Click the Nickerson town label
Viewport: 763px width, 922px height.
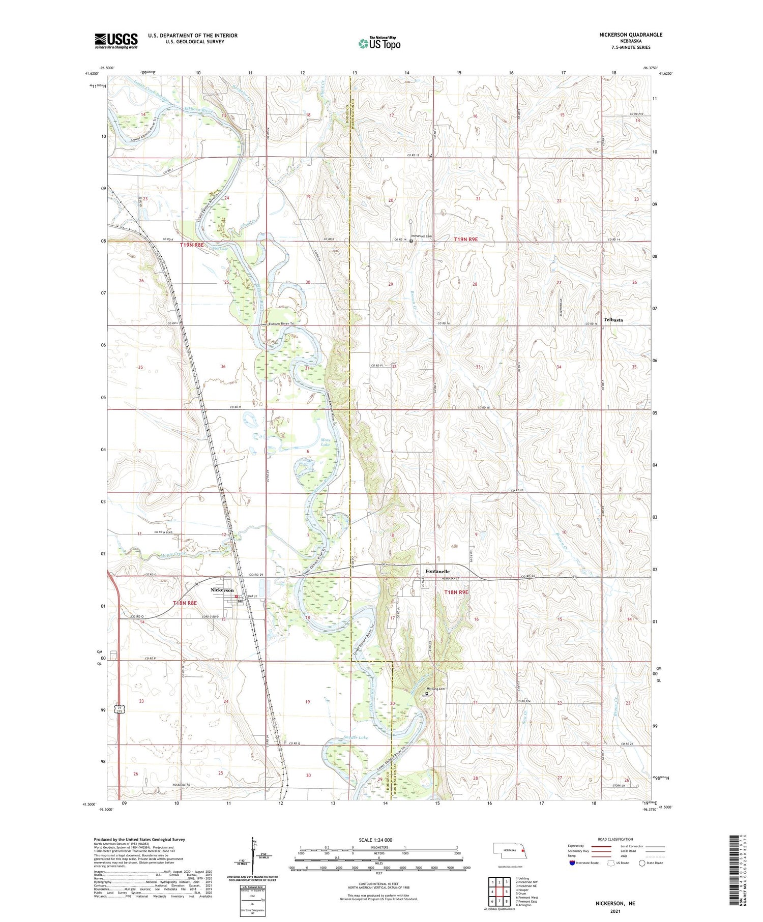point(222,590)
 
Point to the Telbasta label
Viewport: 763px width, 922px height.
point(613,320)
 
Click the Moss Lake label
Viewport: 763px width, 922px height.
point(326,442)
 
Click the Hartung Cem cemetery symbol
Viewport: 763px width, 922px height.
point(427,692)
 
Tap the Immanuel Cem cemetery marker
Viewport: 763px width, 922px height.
point(411,241)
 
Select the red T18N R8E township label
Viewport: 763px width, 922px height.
point(184,603)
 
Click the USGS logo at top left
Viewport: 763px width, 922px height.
point(116,41)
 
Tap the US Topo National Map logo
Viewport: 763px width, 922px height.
point(379,44)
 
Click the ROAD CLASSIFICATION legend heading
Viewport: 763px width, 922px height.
point(615,839)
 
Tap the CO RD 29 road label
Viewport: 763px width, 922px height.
point(257,575)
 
